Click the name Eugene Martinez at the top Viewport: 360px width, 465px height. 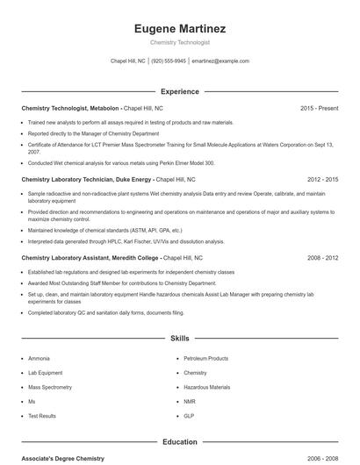click(179, 28)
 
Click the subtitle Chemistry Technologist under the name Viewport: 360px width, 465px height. click(179, 42)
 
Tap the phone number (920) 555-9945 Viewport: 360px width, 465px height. click(169, 61)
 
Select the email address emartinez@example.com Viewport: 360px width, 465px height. click(220, 61)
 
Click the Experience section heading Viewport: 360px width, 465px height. click(179, 91)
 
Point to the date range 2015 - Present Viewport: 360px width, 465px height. click(319, 108)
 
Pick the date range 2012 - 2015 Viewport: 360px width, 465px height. click(322, 179)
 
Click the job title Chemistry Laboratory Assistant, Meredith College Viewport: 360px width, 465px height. click(90, 258)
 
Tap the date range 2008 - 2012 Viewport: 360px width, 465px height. click(322, 258)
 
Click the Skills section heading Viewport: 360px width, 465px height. click(179, 337)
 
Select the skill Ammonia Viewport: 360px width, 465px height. click(39, 359)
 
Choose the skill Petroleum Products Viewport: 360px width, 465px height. click(205, 359)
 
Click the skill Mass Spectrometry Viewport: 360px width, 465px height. click(51, 387)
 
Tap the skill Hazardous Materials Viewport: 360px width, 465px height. click(206, 387)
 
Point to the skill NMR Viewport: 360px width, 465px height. click(190, 401)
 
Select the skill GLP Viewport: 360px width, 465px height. click(189, 415)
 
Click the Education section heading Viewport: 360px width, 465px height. click(179, 442)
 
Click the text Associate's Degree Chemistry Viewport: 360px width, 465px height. click(62, 459)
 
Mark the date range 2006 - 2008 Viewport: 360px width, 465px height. click(322, 459)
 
